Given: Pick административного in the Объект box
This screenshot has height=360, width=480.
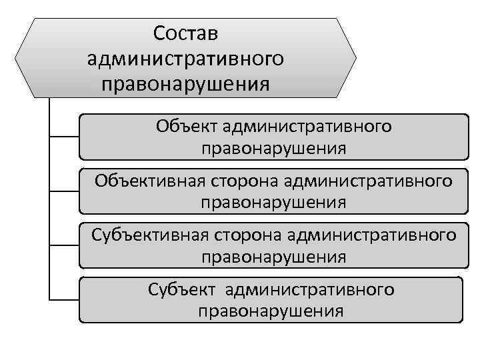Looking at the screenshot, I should (307, 126).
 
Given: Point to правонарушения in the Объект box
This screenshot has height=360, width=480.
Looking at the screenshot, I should (274, 148).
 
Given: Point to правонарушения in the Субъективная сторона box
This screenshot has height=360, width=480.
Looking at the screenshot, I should (274, 257).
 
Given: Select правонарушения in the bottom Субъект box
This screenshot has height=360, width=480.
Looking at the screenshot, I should (271, 311).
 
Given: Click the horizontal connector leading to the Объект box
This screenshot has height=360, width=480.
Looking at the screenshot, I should (65, 138).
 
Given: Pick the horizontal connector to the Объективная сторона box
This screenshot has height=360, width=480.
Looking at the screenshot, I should (65, 191).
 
